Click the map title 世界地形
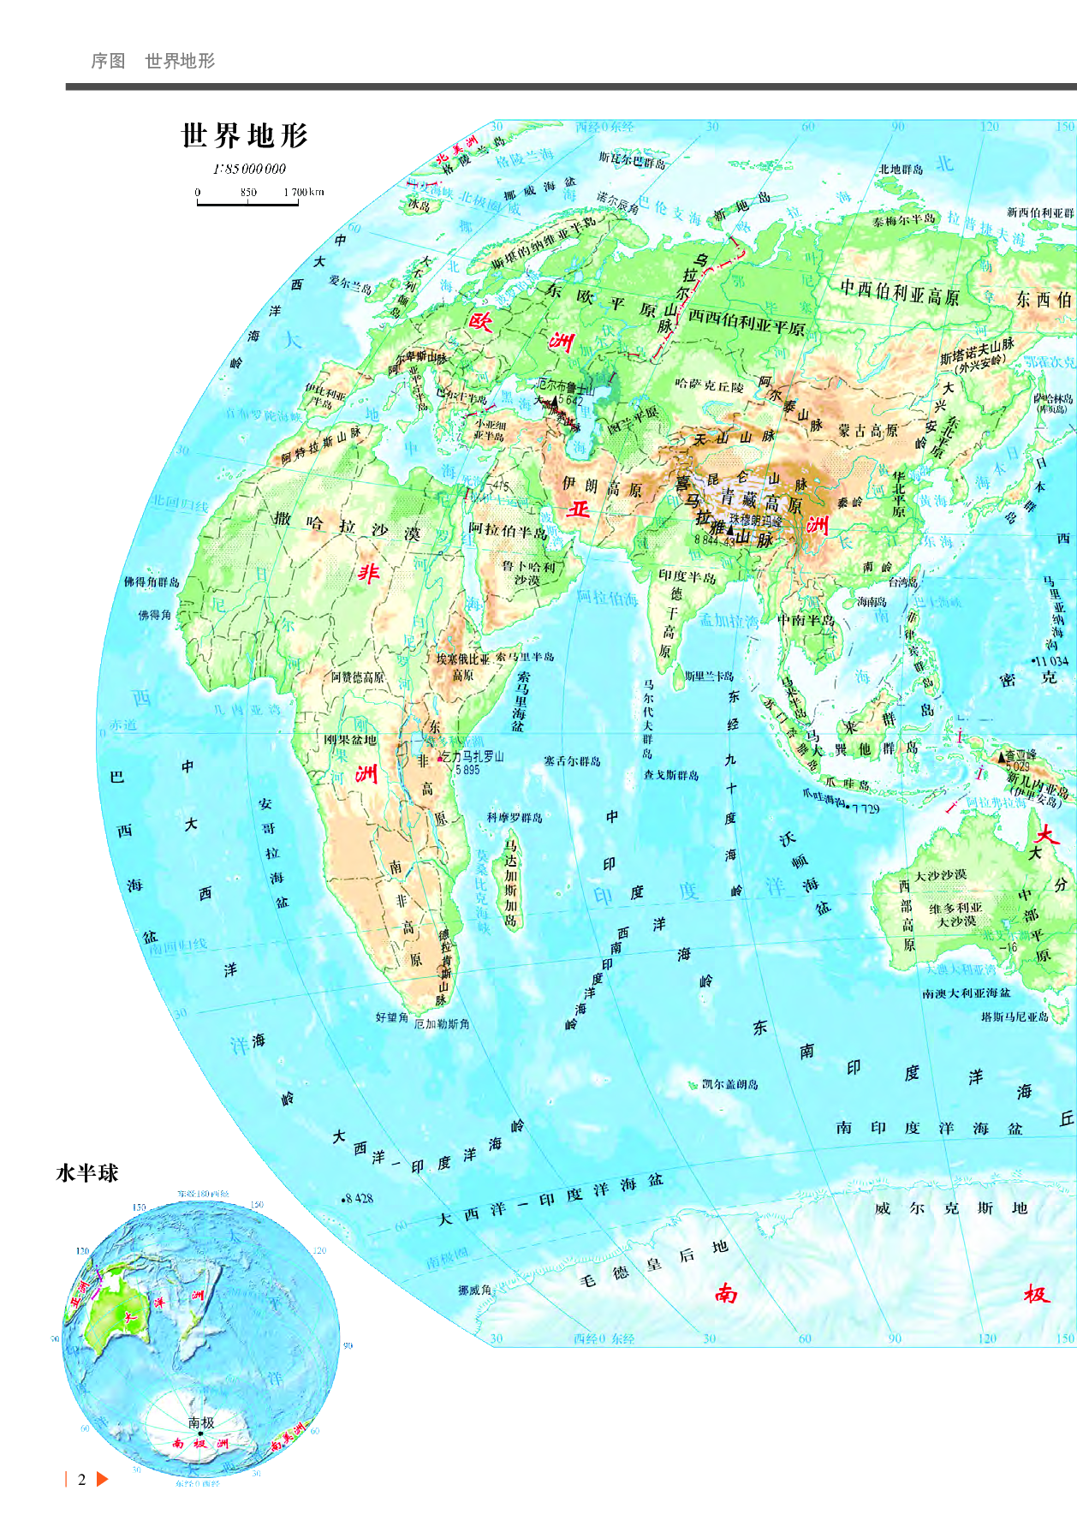pyautogui.click(x=244, y=135)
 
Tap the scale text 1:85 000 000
pyautogui.click(x=249, y=169)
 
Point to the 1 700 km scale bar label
pyautogui.click(x=304, y=192)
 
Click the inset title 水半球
pyautogui.click(x=86, y=1173)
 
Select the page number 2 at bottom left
pyautogui.click(x=82, y=1479)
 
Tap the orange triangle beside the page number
pyautogui.click(x=103, y=1479)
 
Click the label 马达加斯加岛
pyautogui.click(x=511, y=882)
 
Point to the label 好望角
pyautogui.click(x=391, y=1017)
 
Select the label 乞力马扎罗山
pyautogui.click(x=473, y=757)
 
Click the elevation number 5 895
pyautogui.click(x=467, y=770)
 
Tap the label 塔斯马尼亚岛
pyautogui.click(x=1014, y=1017)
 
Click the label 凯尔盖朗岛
pyautogui.click(x=729, y=1084)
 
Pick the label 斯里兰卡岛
pyautogui.click(x=709, y=677)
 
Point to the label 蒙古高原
pyautogui.click(x=868, y=430)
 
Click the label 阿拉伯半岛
pyautogui.click(x=508, y=530)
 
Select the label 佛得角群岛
pyautogui.click(x=152, y=582)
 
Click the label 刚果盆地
pyautogui.click(x=350, y=740)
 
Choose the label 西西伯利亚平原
pyautogui.click(x=747, y=321)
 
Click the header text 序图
pyautogui.click(x=109, y=61)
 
